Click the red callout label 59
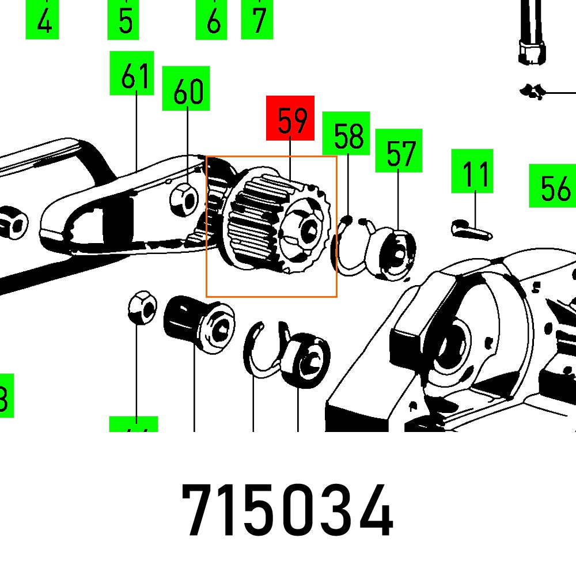tap(290, 118)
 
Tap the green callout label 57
tap(399, 151)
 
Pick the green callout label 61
tap(132, 73)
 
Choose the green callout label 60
tap(186, 88)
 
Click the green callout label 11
tap(472, 171)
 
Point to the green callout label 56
tap(553, 186)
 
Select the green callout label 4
tap(42, 20)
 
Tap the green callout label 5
tap(123, 20)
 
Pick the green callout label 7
tap(257, 20)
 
